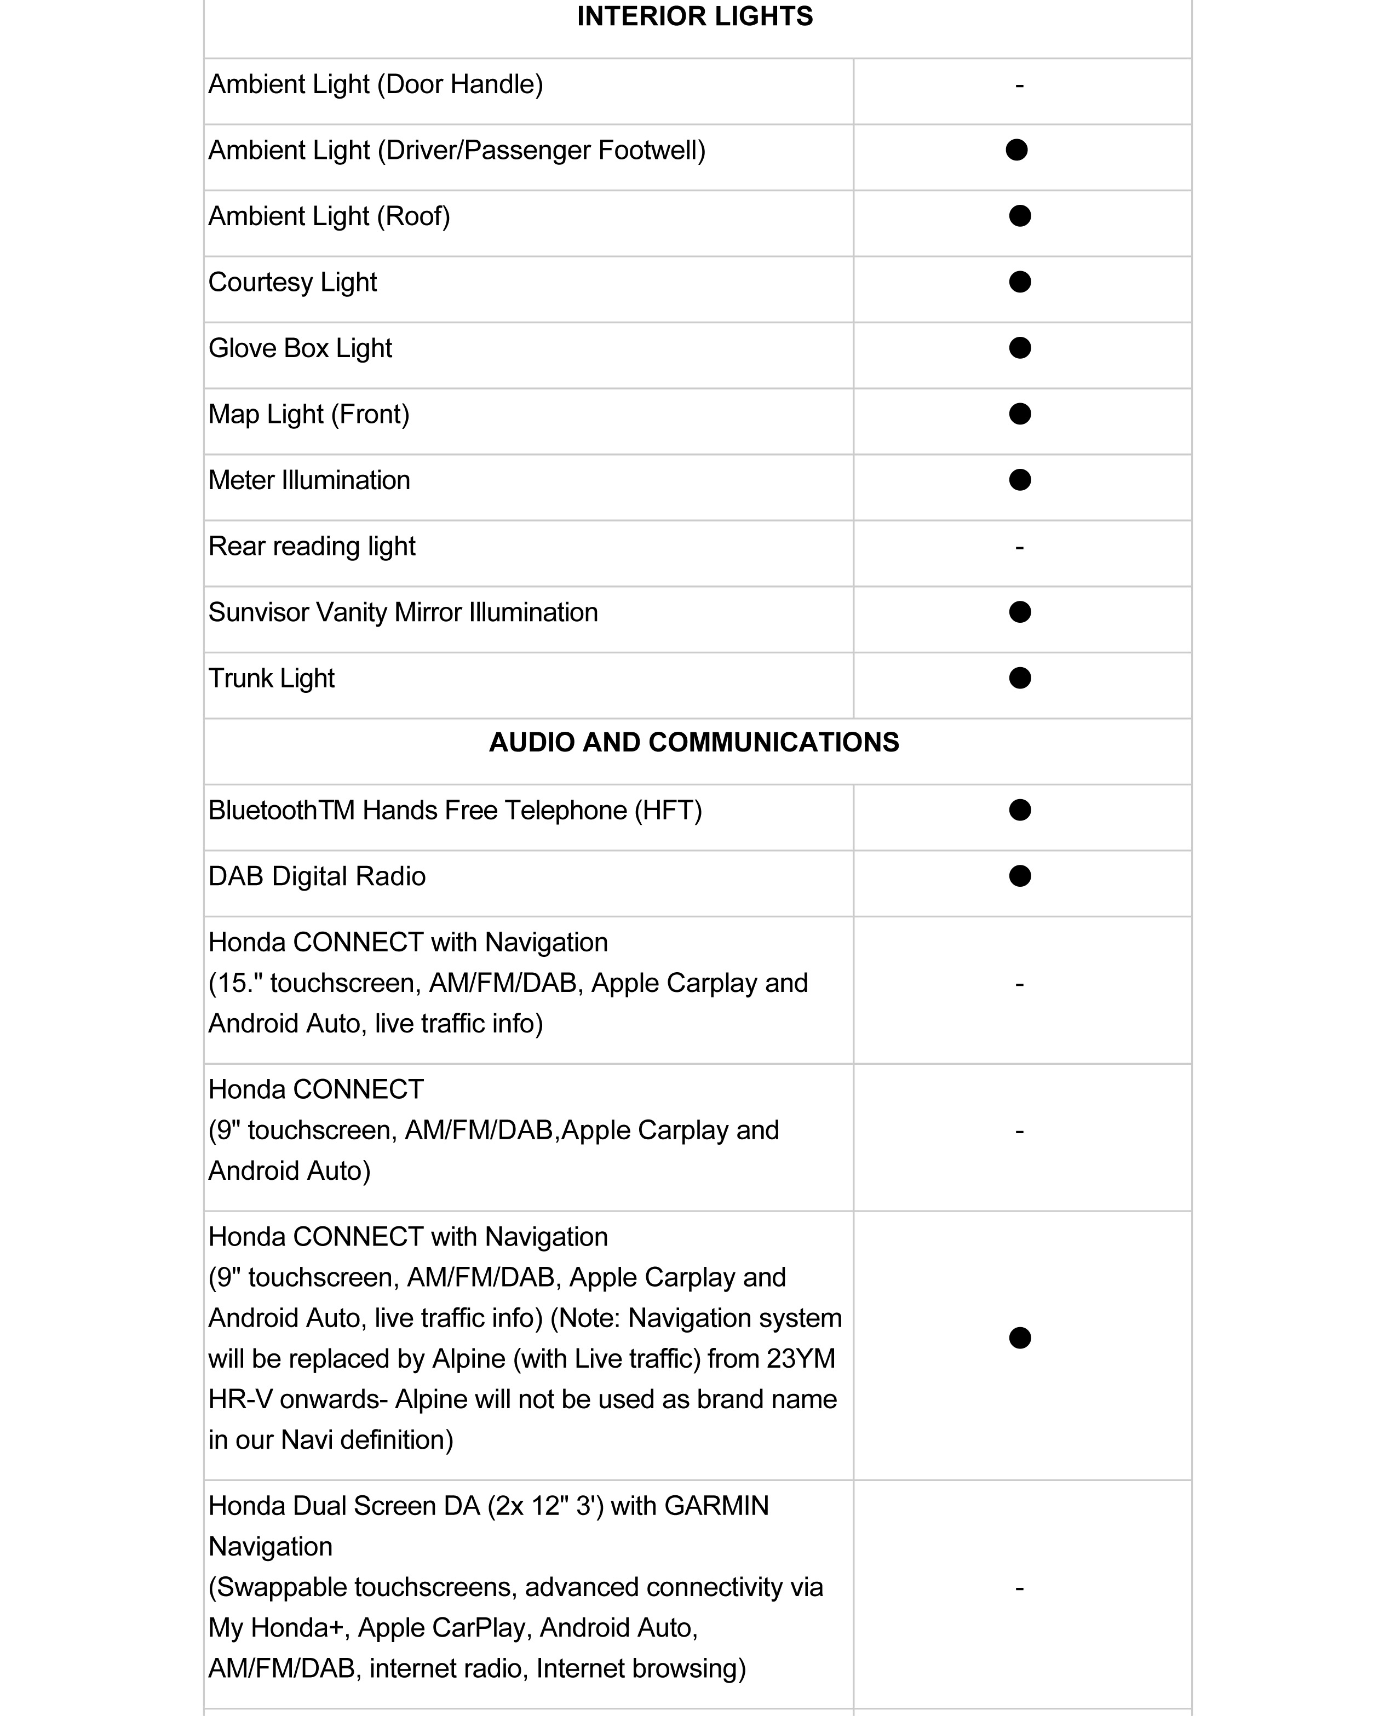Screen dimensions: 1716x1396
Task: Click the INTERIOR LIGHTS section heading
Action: click(695, 17)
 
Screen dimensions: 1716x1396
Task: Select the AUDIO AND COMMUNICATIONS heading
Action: click(694, 742)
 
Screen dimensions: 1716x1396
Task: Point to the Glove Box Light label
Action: click(300, 348)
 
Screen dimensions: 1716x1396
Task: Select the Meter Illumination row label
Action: click(309, 480)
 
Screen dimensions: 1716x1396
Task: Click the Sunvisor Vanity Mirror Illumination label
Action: click(403, 613)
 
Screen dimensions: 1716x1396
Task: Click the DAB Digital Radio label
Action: click(317, 876)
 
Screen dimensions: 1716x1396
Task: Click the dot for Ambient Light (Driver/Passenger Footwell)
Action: click(1016, 151)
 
